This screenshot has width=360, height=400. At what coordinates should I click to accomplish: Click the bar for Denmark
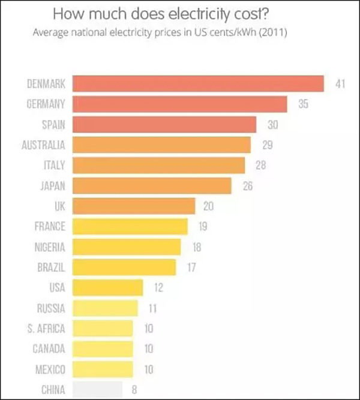click(198, 83)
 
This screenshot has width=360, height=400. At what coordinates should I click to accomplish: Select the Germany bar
click(180, 104)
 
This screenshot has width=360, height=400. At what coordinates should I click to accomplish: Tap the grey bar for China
click(97, 389)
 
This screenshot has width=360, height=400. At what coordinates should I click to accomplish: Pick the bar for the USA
click(108, 287)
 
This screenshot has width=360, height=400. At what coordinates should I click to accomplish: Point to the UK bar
click(134, 206)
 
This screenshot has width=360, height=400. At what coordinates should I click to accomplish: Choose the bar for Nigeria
click(127, 246)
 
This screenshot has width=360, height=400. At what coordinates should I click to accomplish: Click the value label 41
click(340, 83)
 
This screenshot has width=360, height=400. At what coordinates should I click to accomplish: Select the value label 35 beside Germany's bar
click(303, 104)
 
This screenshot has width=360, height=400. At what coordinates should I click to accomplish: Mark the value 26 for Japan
click(247, 186)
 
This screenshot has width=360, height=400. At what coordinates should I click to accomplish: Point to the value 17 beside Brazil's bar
click(191, 267)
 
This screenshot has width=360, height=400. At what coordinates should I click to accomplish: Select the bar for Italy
click(159, 165)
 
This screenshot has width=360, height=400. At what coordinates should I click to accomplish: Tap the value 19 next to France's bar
click(203, 226)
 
